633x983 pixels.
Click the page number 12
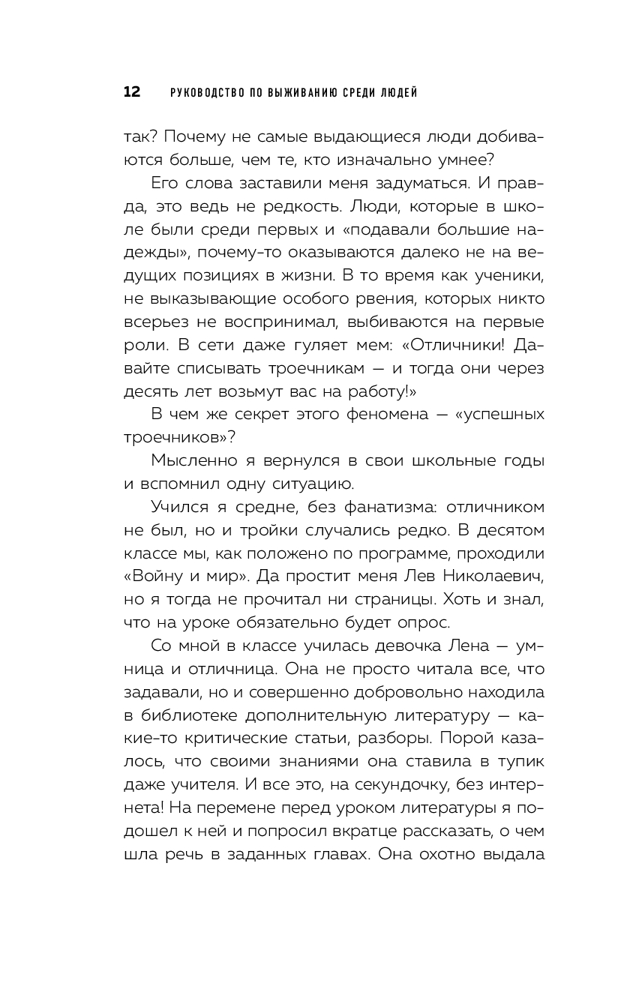click(x=131, y=92)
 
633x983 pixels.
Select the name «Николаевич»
click(x=485, y=576)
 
